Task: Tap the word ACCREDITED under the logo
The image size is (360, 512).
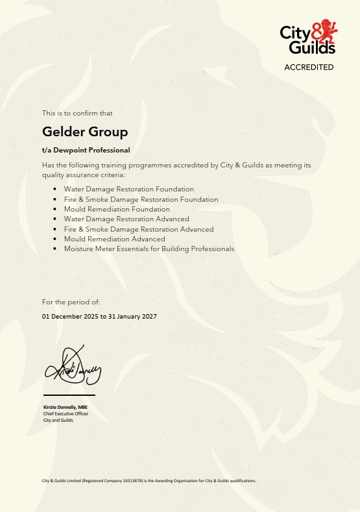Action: click(309, 67)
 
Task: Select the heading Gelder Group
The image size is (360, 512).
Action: click(85, 132)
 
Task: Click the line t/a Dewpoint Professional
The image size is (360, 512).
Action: click(86, 150)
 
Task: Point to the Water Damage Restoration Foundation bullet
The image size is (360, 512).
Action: click(128, 189)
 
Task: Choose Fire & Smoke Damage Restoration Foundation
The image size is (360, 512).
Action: click(141, 199)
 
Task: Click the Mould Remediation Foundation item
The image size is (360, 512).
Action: click(117, 209)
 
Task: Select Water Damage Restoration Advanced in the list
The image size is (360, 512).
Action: click(126, 219)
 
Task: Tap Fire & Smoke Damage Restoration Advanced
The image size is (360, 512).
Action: click(139, 229)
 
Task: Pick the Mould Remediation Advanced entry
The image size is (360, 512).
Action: click(114, 239)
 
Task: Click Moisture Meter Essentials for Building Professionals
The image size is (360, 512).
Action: click(149, 249)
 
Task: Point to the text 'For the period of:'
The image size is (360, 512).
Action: click(71, 302)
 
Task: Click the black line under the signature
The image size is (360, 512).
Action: click(69, 395)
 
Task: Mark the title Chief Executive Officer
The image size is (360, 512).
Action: click(66, 413)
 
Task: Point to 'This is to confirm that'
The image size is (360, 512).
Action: click(77, 113)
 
